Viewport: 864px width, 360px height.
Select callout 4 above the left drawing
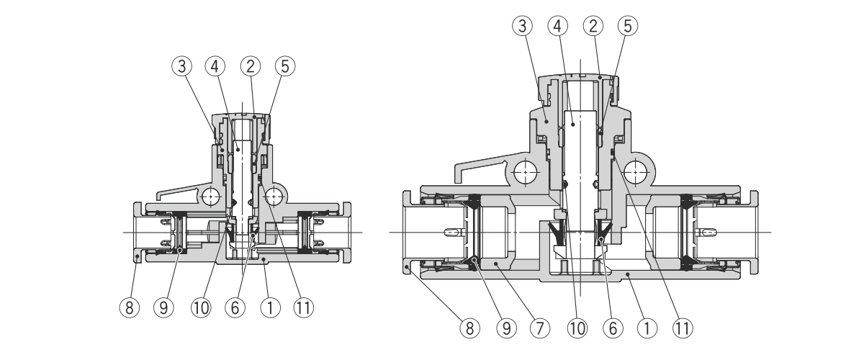point(214,67)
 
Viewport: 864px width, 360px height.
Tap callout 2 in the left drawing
point(251,67)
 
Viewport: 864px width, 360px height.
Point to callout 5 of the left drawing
point(284,67)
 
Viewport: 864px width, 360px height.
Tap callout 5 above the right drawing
point(627,27)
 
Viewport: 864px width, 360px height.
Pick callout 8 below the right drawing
point(469,328)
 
